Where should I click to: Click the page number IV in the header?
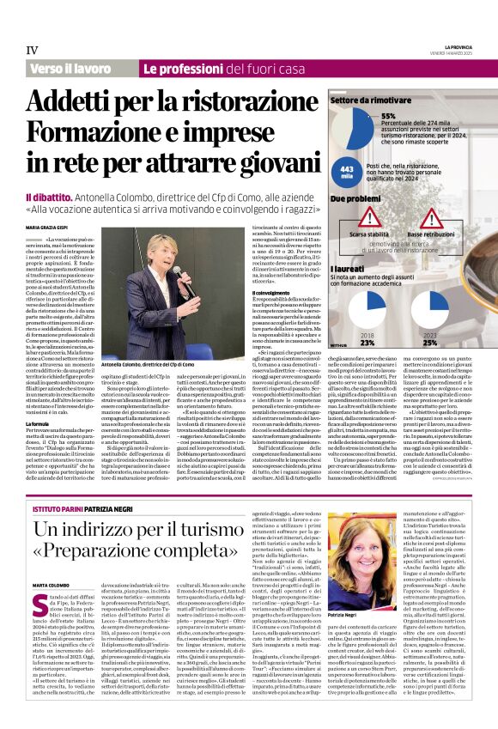[33, 51]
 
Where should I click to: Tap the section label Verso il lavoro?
[68, 68]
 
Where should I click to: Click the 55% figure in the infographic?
[388, 116]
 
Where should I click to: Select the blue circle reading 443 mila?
[346, 172]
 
